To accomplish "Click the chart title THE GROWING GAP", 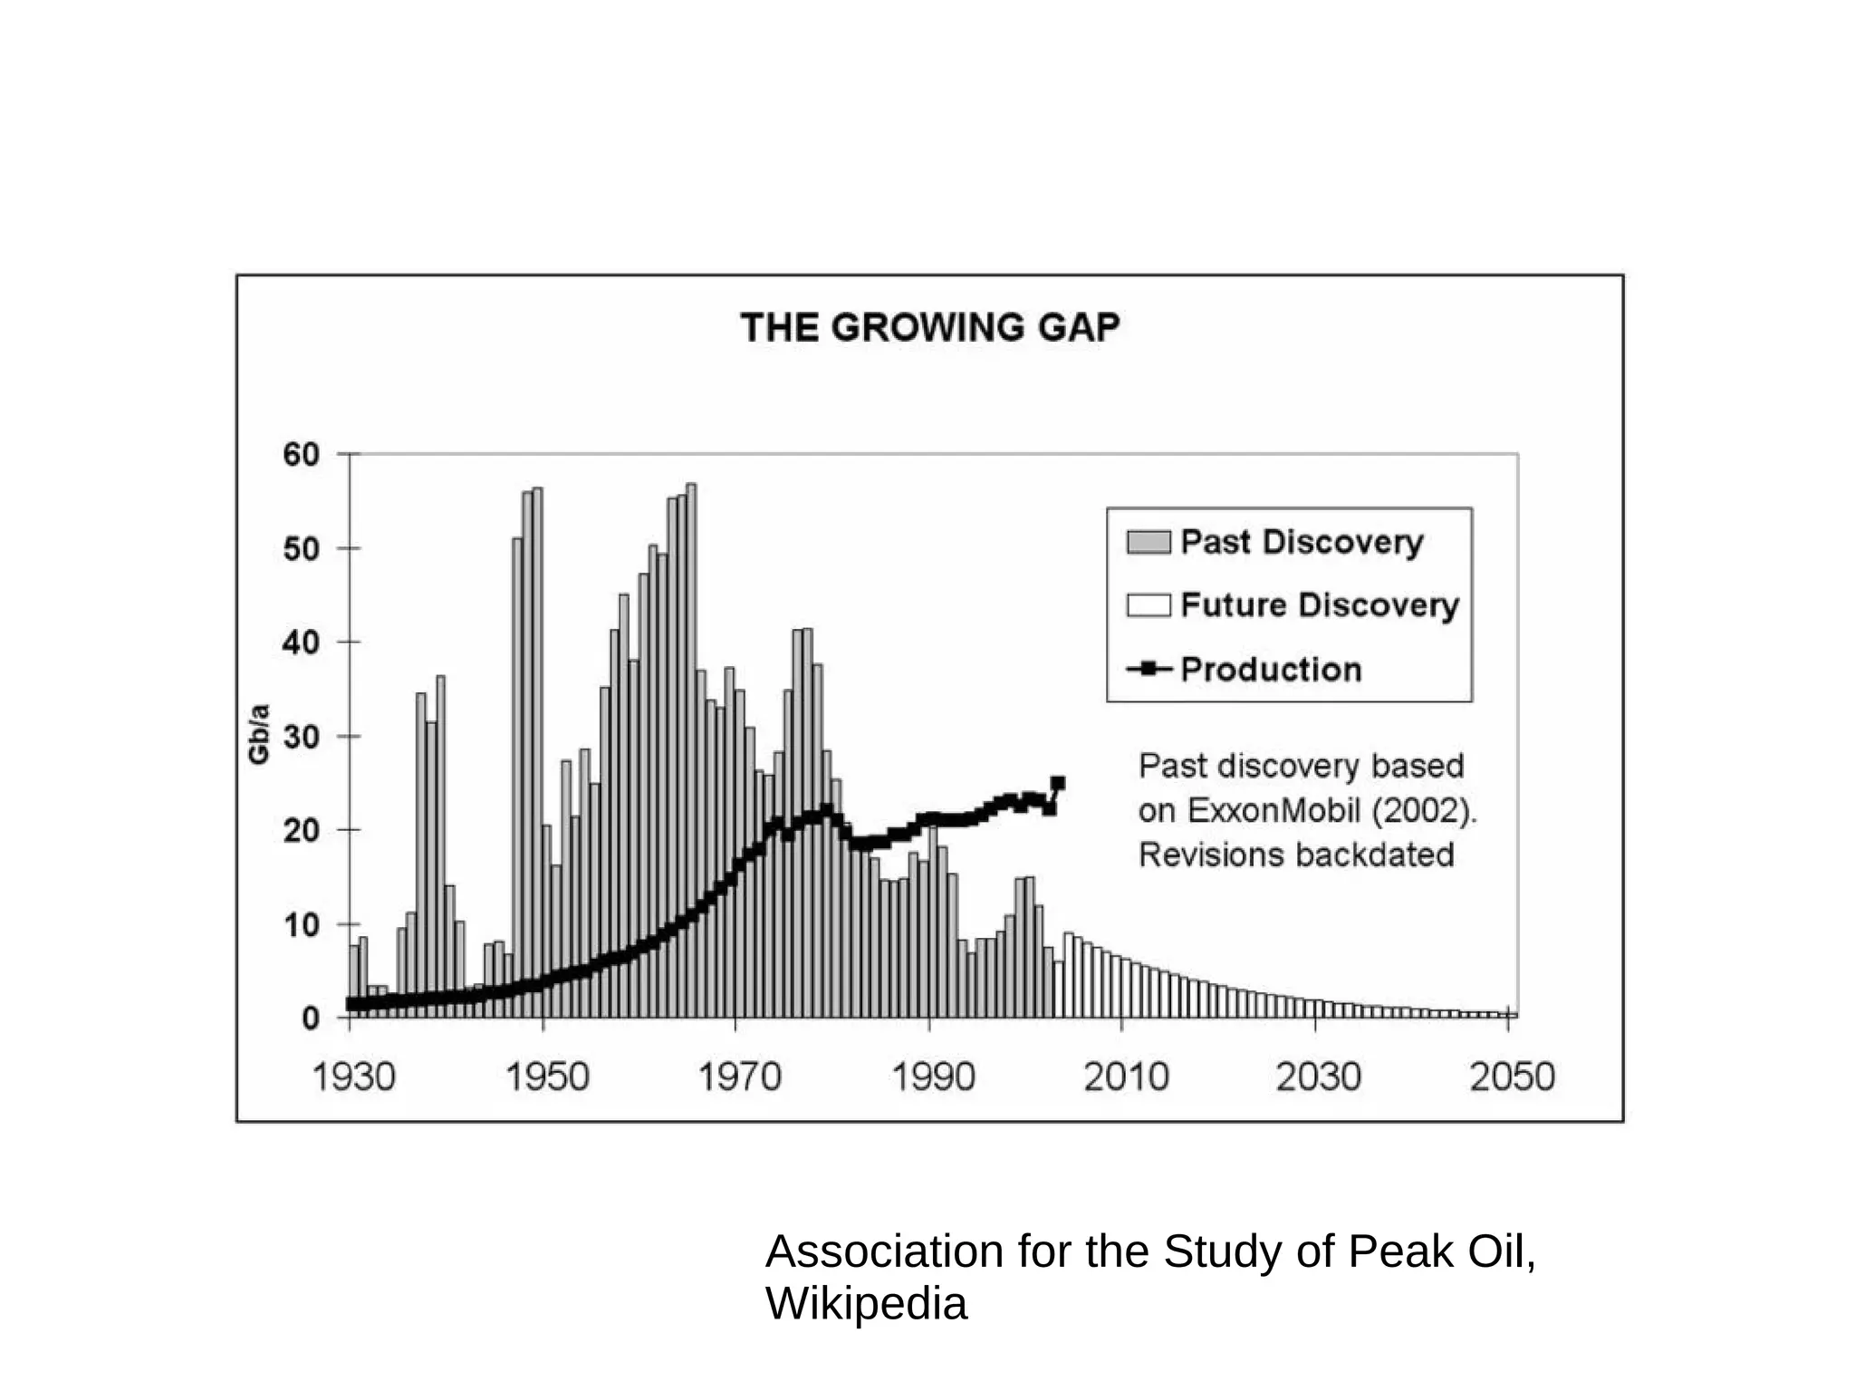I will coord(929,327).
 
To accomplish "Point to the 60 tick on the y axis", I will coord(302,454).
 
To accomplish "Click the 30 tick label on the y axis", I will coord(302,737).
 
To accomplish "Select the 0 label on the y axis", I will coord(311,1019).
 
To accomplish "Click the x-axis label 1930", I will coord(353,1077).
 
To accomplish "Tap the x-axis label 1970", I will coord(739,1077).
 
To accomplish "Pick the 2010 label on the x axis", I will coord(1126,1077).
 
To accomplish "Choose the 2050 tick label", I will coord(1512,1077).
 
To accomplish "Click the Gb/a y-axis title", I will coord(259,734).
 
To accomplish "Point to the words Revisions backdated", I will coord(1295,855).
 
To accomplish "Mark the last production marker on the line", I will coord(1058,783).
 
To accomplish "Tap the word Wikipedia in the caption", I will coord(866,1303).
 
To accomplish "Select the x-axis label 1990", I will coord(933,1077).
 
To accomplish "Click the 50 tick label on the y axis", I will coord(302,548).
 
